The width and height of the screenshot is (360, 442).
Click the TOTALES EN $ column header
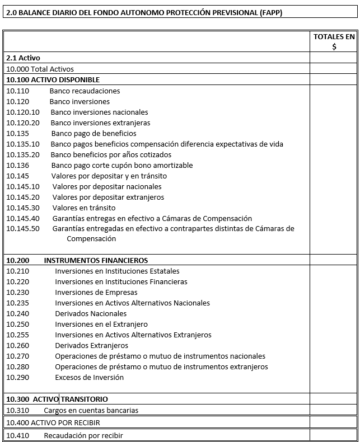tap(334, 41)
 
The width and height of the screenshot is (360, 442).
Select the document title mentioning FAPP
tap(144, 12)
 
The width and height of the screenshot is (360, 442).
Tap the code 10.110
tap(17, 91)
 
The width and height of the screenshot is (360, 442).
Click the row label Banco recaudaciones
tap(85, 91)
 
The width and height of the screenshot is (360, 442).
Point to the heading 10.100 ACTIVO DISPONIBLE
tap(53, 80)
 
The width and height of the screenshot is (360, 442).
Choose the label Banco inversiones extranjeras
tap(100, 123)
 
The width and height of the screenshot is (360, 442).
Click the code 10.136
tap(17, 165)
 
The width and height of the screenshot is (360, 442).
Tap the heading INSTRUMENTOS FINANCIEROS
tap(96, 260)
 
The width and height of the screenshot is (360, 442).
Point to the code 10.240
tap(17, 313)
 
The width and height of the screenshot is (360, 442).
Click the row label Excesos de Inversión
tap(89, 377)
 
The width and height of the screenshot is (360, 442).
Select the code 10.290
tap(17, 377)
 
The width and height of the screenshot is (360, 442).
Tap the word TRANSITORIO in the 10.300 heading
tap(84, 399)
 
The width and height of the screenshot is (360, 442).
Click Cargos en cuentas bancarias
tap(91, 410)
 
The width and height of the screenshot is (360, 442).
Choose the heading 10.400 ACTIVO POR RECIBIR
tap(53, 422)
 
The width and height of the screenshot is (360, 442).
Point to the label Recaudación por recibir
tap(83, 435)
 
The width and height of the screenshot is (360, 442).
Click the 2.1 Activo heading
tap(23, 58)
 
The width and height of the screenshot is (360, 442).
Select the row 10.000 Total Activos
tap(40, 69)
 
